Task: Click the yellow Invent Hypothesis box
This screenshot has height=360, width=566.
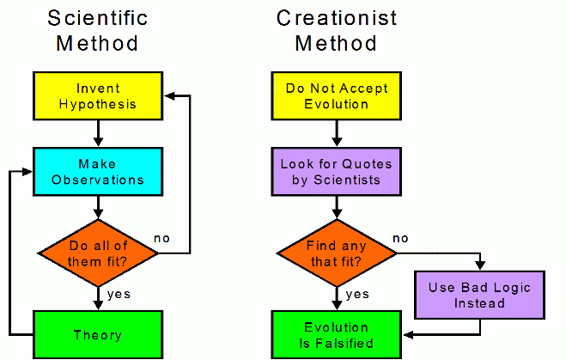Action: (98, 95)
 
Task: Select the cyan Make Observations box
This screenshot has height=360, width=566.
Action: (98, 172)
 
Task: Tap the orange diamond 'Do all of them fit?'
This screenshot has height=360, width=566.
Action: (98, 253)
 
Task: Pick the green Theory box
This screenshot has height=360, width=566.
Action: (98, 335)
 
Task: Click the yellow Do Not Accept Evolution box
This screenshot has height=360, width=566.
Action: (337, 95)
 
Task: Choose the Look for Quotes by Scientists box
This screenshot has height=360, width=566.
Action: (337, 172)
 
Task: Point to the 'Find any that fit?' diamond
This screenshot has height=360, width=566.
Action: (337, 253)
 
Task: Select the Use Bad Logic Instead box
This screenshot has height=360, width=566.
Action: (480, 295)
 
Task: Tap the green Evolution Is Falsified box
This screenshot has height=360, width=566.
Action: (337, 335)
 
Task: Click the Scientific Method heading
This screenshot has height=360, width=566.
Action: (97, 31)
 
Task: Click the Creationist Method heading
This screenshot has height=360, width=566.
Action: (337, 31)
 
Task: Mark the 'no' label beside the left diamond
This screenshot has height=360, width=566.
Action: (161, 238)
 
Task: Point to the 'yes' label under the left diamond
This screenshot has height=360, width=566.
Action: (119, 295)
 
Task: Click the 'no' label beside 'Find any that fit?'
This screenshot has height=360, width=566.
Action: (400, 238)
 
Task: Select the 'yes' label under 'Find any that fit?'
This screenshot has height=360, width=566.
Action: (357, 295)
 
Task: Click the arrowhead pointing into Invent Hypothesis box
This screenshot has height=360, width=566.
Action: (170, 95)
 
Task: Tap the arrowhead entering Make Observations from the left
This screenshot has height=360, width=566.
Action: (27, 172)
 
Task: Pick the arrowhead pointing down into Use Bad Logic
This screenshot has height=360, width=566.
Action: (480, 265)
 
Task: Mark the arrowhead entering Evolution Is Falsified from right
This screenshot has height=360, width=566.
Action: (408, 335)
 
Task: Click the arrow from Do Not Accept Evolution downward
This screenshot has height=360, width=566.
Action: (337, 133)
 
